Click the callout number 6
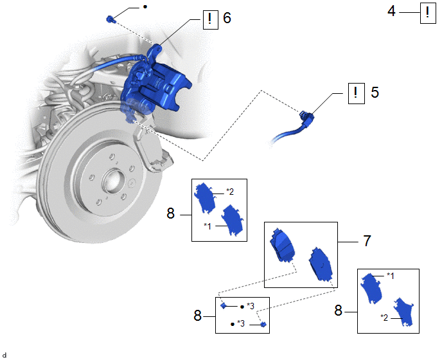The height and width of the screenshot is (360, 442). coord(227,18)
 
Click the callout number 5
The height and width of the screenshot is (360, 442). coord(375,93)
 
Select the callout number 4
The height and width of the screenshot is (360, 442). coord(391,12)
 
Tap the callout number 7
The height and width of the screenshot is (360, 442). coord(367,241)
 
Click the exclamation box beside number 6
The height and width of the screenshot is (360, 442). coord(211,19)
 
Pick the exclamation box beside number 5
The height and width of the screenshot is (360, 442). coord(357,93)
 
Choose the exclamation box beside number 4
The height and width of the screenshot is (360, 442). coord(428,13)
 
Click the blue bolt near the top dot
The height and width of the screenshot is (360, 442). coord(110,20)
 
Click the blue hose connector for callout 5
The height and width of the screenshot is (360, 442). coord(306,118)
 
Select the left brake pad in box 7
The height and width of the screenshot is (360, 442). coord(282,244)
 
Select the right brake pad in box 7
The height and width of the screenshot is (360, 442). coord(321,264)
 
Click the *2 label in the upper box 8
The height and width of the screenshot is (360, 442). coord(230,192)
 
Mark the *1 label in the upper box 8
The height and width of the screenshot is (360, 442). coord(207,226)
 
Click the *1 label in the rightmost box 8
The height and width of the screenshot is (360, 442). coord(391,276)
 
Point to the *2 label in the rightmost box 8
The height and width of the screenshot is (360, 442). coord(384,318)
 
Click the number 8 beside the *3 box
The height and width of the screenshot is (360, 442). coord(198,316)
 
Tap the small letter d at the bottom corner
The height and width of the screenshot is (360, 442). coord(4,355)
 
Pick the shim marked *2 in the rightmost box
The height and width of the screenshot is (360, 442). coord(403,312)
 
